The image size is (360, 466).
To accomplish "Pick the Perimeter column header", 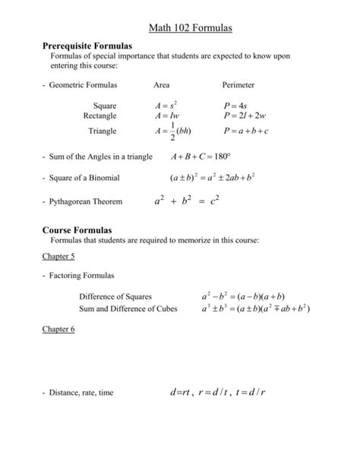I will coord(238,86).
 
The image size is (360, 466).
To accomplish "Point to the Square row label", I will coord(104,106).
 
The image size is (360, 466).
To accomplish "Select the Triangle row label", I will coord(102,131).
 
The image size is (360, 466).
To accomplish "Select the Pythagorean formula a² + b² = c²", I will coord(186,202).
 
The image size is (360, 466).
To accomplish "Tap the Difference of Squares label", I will coord(115,296).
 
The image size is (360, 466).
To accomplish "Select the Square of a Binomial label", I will coord(83,178).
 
